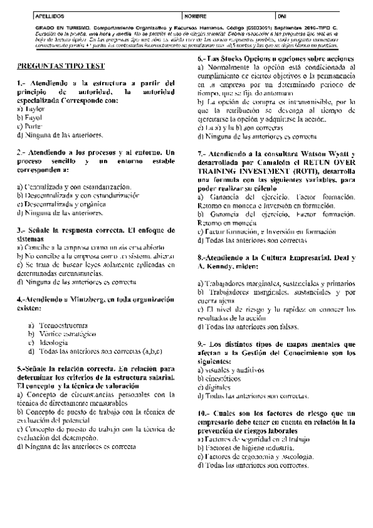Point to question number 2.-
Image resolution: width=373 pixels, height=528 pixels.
coord(22,152)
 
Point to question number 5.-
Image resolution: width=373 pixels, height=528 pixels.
coord(22,369)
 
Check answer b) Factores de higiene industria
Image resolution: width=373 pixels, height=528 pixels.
coord(245,448)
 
